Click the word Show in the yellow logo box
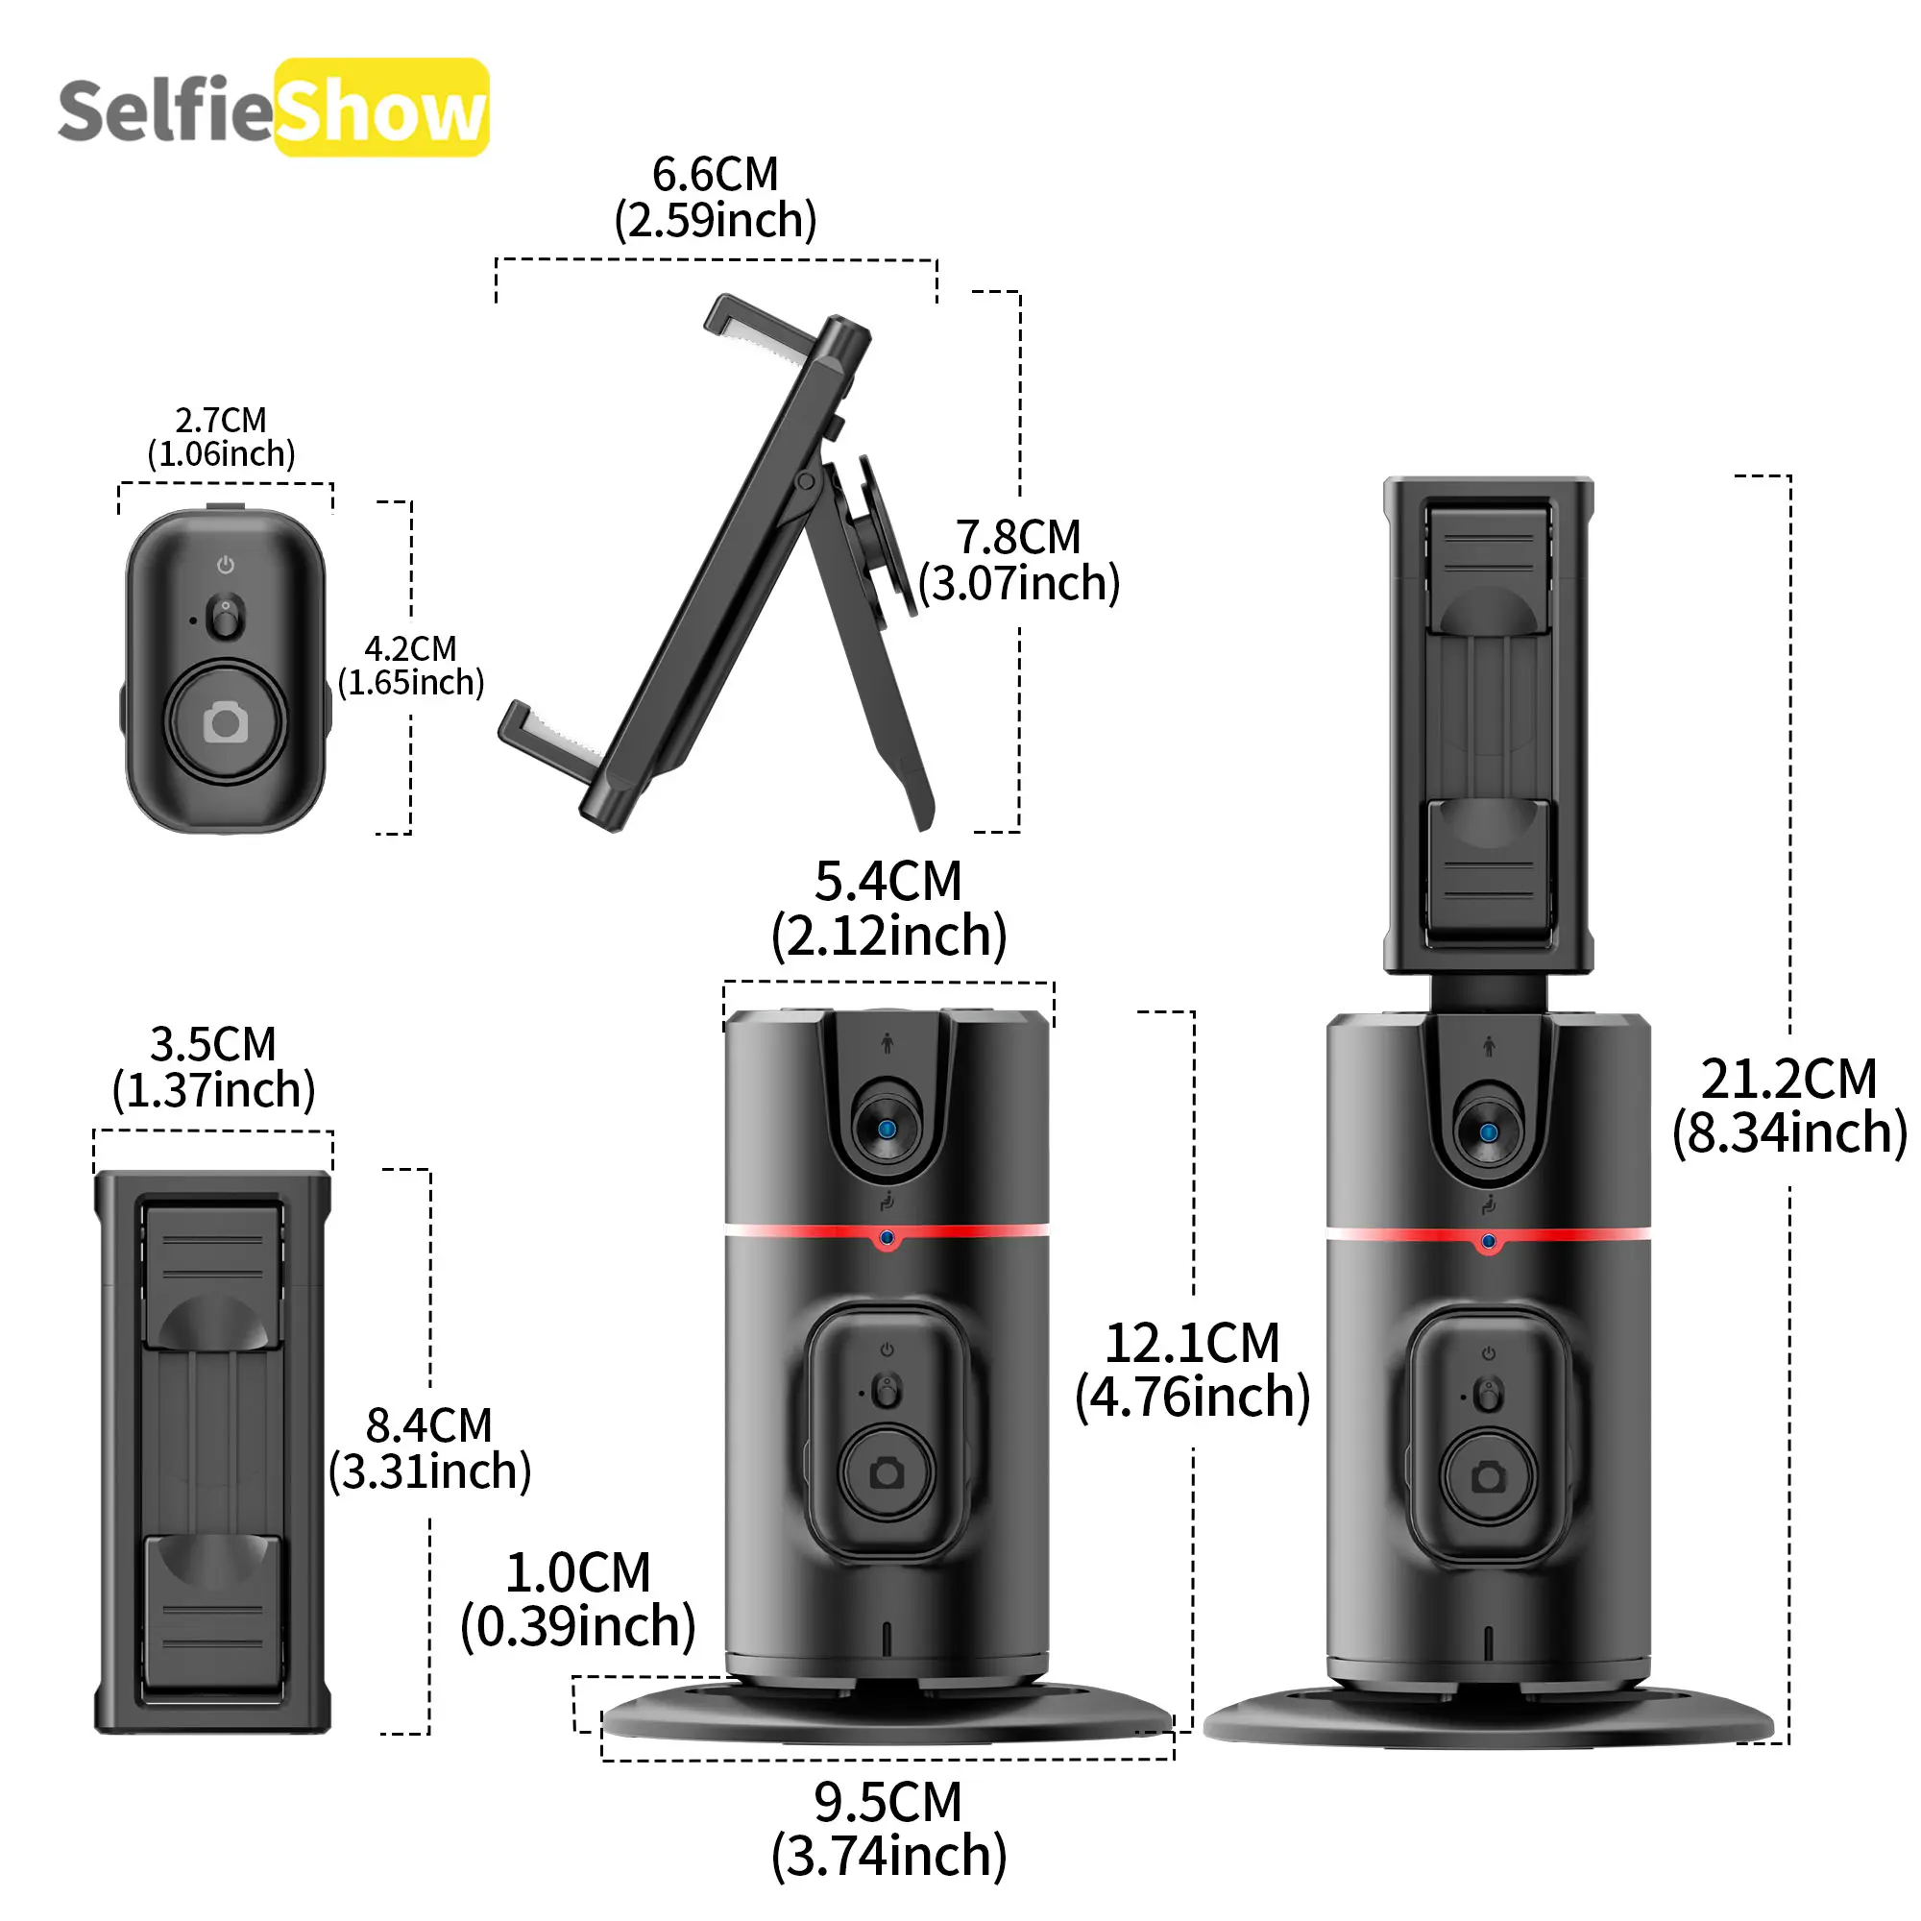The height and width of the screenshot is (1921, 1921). [x=380, y=110]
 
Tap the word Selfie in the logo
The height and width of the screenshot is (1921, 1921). [x=165, y=109]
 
